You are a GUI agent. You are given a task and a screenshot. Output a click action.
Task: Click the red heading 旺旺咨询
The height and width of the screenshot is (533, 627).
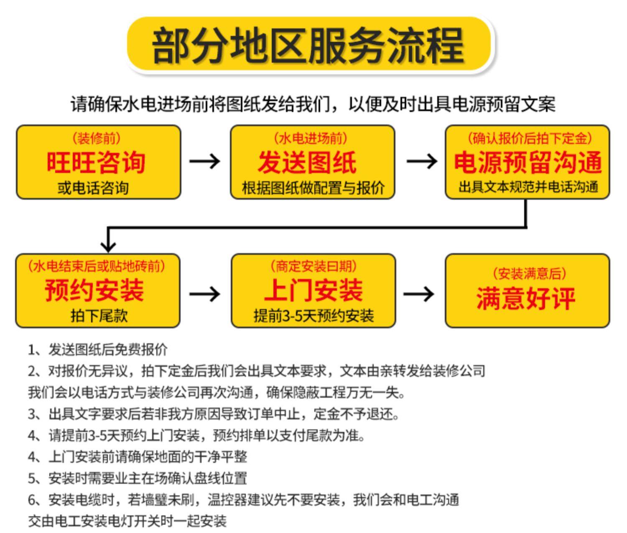[96, 162]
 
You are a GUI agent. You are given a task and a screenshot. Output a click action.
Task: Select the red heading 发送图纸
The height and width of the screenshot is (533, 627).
[307, 162]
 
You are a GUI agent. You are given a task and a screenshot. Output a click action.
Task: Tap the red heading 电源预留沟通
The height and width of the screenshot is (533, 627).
[528, 162]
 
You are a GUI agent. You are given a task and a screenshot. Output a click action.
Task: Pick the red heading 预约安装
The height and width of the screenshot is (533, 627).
[94, 290]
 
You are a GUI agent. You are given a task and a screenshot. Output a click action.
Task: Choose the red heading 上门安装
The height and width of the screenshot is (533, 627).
[313, 290]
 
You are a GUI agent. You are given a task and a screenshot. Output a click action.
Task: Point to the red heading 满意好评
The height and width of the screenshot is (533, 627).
[526, 298]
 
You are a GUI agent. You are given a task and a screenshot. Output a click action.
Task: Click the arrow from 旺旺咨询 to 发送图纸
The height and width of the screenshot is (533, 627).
[205, 161]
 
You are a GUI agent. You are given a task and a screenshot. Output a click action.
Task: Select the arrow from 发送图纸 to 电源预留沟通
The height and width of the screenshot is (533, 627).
[422, 161]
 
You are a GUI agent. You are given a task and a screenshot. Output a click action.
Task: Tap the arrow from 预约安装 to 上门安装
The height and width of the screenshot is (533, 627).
[205, 294]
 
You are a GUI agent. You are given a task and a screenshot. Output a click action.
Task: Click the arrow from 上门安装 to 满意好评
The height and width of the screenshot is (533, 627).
[419, 294]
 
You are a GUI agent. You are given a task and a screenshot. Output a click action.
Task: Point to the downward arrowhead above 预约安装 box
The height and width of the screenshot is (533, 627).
[108, 247]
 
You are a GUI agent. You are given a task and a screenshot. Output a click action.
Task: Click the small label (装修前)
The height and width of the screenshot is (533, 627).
[97, 138]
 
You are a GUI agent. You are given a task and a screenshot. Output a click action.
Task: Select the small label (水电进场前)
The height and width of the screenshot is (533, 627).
[311, 138]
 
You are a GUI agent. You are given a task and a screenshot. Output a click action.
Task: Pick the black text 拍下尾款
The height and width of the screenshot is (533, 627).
[99, 316]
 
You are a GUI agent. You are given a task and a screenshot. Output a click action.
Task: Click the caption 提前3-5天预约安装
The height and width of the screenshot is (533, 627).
[313, 316]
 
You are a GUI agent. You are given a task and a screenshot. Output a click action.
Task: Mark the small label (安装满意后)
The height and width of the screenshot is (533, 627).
[529, 273]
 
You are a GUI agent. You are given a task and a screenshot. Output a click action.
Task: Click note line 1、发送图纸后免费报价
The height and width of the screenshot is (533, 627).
[98, 349]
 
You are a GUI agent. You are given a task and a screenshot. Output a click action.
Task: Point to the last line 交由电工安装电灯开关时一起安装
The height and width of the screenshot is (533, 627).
[127, 521]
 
